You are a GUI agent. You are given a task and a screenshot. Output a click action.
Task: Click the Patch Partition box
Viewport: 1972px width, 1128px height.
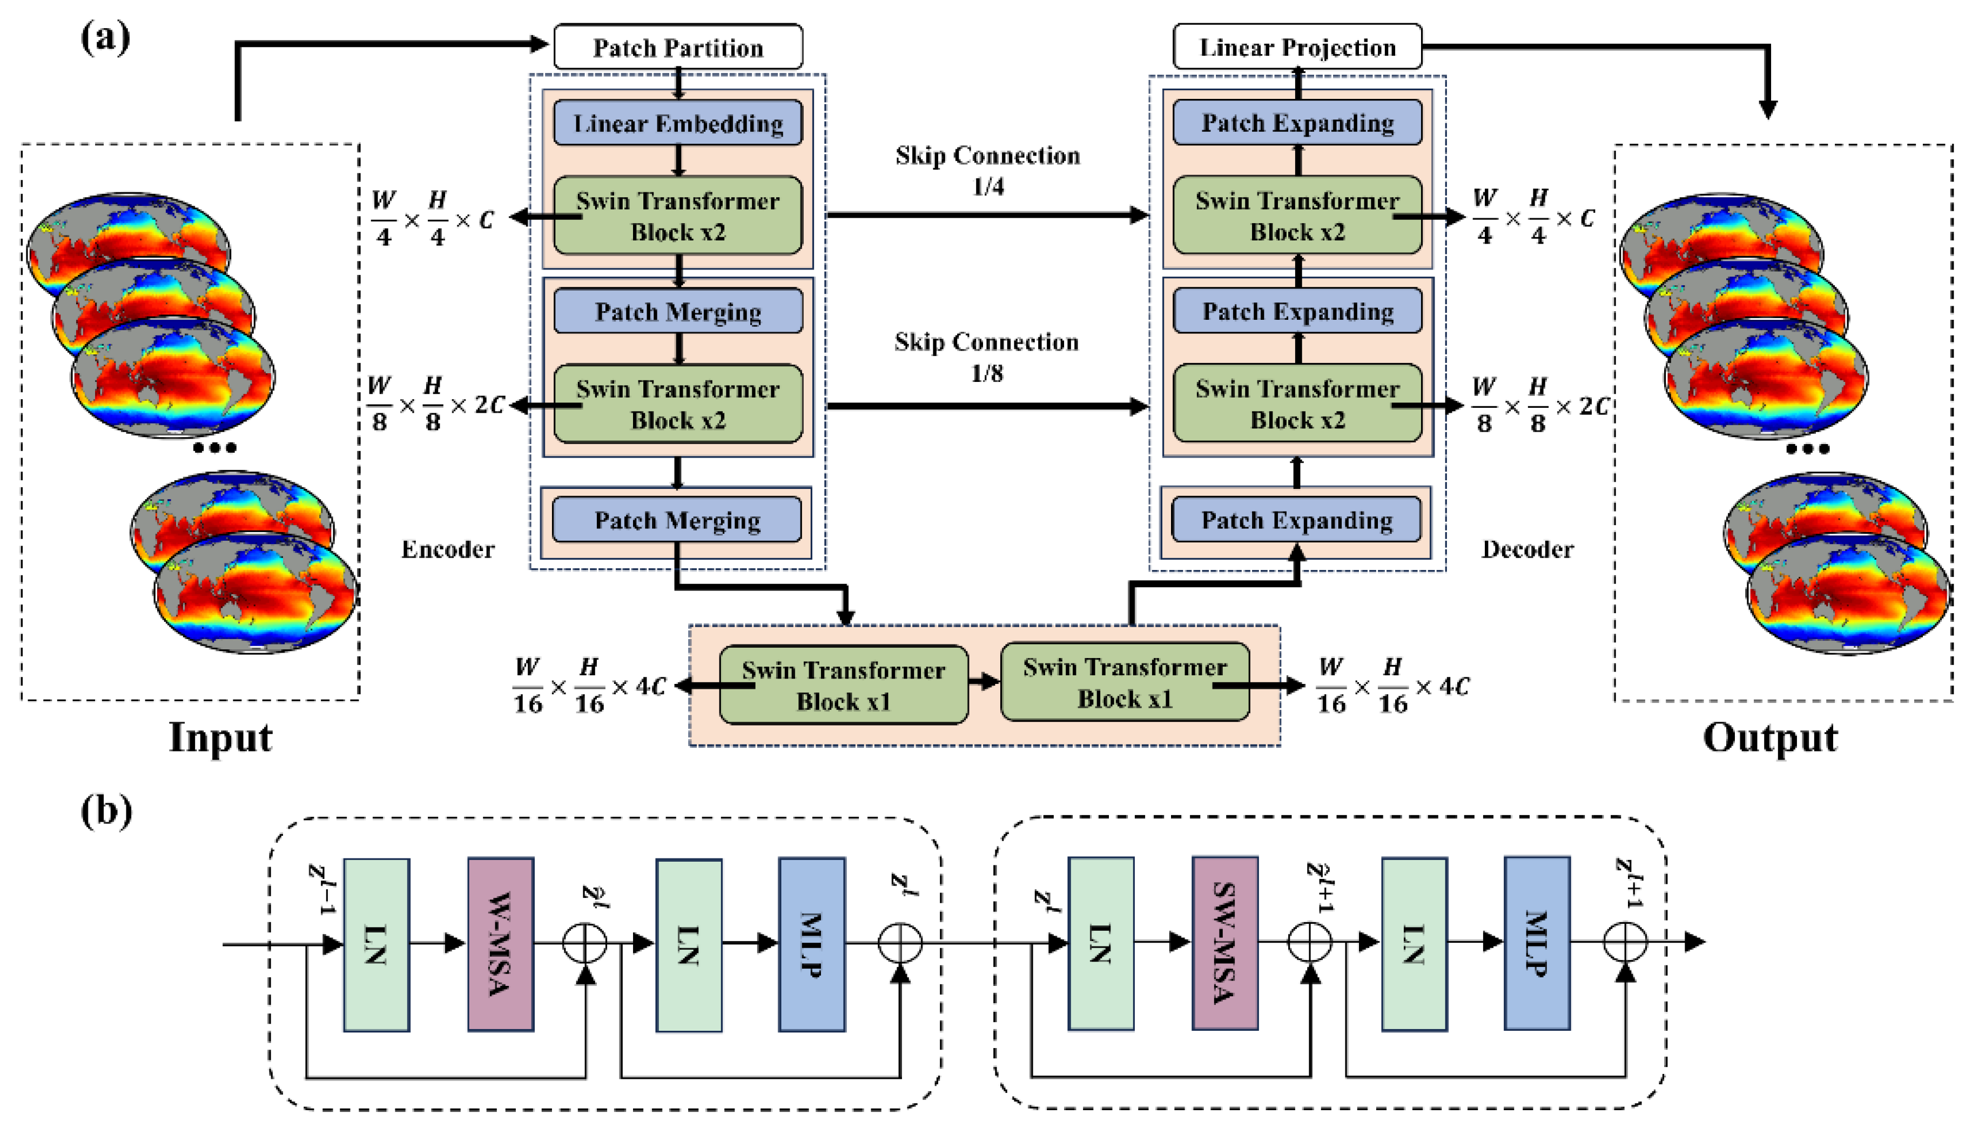click(678, 47)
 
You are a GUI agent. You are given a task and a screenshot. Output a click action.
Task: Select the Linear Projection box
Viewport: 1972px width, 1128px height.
click(1297, 46)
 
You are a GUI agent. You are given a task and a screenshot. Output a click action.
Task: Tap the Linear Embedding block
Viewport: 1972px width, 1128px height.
click(678, 123)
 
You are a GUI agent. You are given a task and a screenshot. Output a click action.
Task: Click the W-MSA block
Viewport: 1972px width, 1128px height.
click(500, 944)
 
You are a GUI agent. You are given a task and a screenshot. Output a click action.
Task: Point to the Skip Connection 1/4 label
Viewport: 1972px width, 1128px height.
click(987, 170)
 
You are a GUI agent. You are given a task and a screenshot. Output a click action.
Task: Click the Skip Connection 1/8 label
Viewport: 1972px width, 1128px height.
click(987, 357)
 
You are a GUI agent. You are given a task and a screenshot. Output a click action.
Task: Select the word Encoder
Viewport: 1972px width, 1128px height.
click(448, 549)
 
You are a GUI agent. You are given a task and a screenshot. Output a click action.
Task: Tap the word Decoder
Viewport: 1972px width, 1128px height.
click(1527, 549)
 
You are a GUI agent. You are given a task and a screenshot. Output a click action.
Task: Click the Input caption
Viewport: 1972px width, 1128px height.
click(221, 737)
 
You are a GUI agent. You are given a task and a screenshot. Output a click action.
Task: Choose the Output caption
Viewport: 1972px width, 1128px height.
click(1770, 737)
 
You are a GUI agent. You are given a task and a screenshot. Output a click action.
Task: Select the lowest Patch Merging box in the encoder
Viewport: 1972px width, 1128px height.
click(677, 519)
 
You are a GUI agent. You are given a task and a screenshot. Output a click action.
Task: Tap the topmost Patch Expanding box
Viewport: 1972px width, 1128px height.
click(1297, 123)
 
